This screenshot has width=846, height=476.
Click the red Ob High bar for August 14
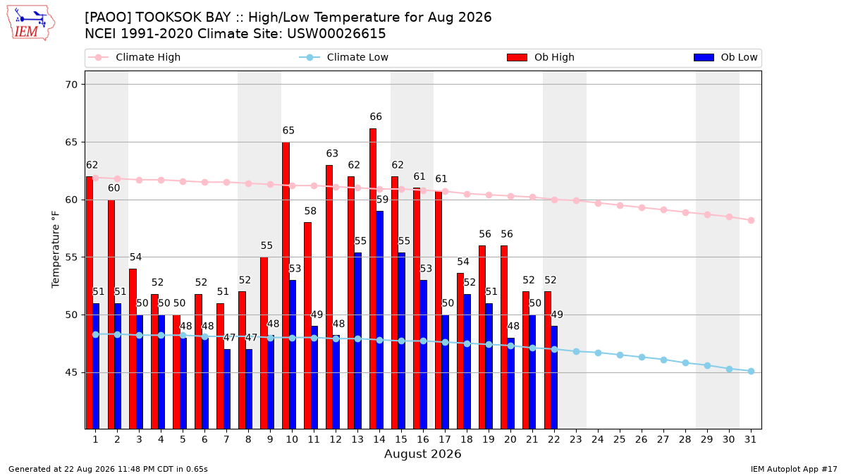click(x=373, y=279)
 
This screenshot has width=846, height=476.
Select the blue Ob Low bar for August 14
click(x=379, y=320)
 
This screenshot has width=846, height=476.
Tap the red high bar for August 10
click(x=286, y=286)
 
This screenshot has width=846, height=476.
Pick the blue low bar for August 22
click(x=554, y=377)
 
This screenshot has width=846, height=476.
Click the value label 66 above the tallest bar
click(x=376, y=117)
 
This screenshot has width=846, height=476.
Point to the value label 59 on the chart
click(x=382, y=200)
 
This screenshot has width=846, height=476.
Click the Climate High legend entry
click(x=135, y=57)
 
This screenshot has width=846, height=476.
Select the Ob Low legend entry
click(x=725, y=57)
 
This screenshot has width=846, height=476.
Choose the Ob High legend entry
click(x=541, y=57)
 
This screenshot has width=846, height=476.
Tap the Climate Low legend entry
click(x=344, y=57)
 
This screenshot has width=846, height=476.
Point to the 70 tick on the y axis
click(x=71, y=85)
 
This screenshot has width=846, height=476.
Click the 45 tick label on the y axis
click(x=71, y=372)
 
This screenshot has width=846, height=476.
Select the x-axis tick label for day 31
click(x=750, y=439)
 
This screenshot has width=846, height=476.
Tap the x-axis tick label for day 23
click(x=576, y=439)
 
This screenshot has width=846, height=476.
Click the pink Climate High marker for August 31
click(x=751, y=220)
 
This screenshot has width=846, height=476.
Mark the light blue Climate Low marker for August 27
click(x=663, y=360)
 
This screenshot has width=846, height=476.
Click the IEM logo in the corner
click(x=31, y=23)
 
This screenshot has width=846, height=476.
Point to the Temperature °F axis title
click(x=56, y=250)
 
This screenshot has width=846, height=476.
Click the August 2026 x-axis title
click(x=422, y=453)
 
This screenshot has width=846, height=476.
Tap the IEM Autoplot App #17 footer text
click(x=794, y=469)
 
